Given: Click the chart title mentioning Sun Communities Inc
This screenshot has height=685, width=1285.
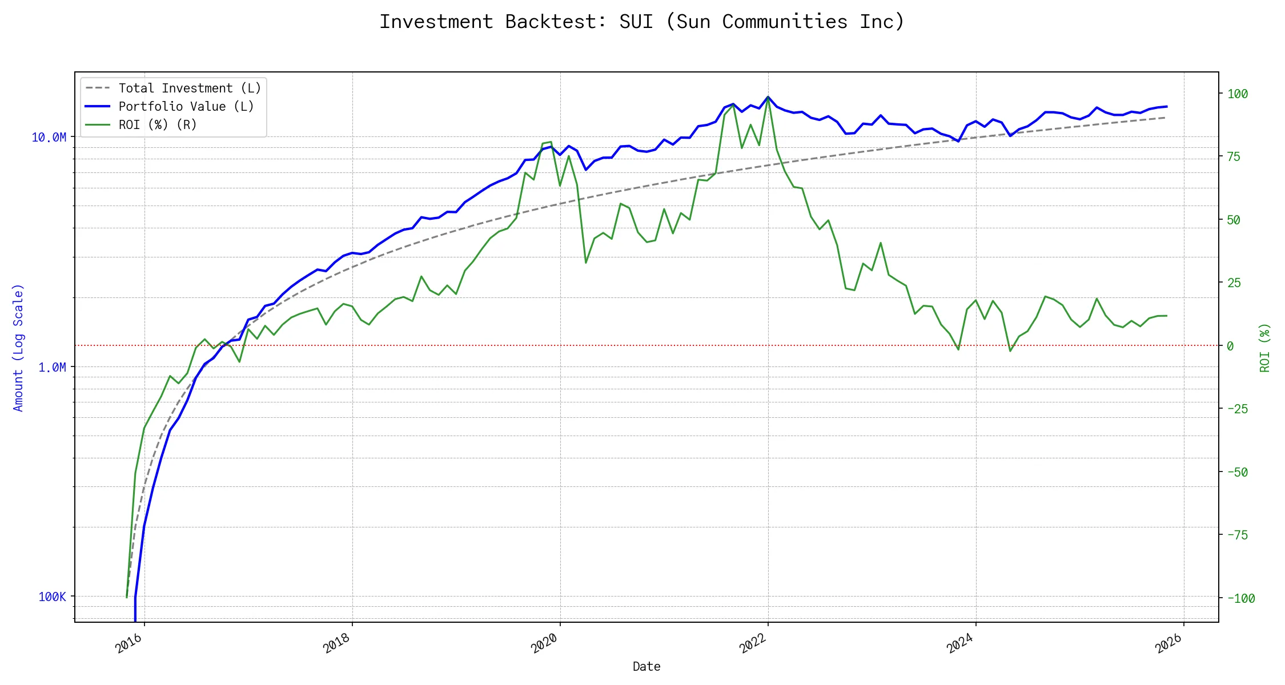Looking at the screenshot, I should click(642, 22).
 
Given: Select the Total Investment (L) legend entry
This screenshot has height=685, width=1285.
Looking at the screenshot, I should click(189, 88).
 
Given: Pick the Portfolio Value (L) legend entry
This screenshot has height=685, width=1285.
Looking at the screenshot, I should click(186, 107).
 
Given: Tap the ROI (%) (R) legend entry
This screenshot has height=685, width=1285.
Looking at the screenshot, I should click(157, 125).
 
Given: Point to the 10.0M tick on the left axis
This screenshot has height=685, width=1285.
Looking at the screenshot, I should click(49, 138).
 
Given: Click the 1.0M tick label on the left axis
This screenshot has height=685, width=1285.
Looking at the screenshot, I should click(52, 368).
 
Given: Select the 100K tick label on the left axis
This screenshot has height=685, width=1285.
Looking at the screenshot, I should click(52, 597).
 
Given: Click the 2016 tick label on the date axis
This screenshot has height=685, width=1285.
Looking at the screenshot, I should click(129, 643).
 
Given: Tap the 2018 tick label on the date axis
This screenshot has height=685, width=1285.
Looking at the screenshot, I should click(337, 643).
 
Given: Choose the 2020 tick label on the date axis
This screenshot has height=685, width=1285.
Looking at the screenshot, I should click(545, 643).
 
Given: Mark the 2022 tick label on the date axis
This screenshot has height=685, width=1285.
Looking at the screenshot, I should click(753, 643).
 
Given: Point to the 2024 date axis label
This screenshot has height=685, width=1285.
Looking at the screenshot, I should click(961, 643).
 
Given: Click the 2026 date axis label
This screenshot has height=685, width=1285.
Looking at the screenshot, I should click(1168, 643).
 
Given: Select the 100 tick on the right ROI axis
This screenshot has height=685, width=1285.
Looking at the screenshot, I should click(1238, 94).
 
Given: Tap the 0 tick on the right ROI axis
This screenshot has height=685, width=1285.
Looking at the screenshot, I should click(1230, 346).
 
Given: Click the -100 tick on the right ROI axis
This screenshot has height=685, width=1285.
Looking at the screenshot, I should click(1241, 599).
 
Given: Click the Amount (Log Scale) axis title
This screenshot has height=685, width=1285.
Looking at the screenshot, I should click(19, 348).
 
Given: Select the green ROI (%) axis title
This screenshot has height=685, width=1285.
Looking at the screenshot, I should click(1265, 348).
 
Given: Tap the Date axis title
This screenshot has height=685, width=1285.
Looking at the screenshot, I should click(646, 667).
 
